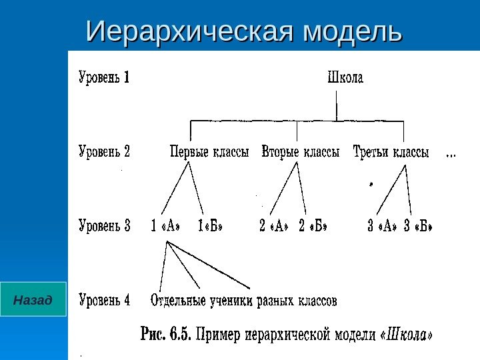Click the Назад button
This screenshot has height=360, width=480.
coord(33,299)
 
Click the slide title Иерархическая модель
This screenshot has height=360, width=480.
coord(245,31)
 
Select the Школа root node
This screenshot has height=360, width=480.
coord(345,79)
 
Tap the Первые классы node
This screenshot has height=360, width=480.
coord(209,152)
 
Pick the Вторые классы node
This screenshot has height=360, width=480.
coord(301,152)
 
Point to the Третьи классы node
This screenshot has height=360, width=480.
coord(391,152)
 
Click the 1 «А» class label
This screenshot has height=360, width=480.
coord(166,227)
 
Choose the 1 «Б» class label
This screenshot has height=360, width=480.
coord(210,227)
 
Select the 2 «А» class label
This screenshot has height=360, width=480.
coord(274,227)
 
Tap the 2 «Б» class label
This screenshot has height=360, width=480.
coord(314,227)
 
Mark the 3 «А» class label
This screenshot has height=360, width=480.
coord(382,227)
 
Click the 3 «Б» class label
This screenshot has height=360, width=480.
coord(418,227)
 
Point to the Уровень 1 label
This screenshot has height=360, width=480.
coord(104,79)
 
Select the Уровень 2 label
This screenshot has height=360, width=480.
coord(104,152)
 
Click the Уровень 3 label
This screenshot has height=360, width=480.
coord(104,227)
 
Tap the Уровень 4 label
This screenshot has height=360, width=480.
coord(104,301)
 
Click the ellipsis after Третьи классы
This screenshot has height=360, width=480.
coord(450,154)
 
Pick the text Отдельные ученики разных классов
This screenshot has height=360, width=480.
coord(244,301)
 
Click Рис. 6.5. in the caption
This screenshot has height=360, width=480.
coord(166,333)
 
